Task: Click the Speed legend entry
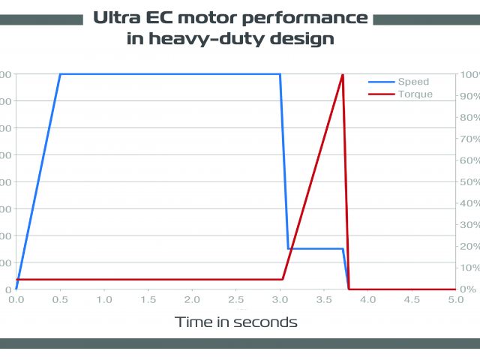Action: coord(413,82)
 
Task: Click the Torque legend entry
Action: coord(415,94)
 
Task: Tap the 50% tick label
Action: coord(469,182)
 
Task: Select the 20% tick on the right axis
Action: coord(469,247)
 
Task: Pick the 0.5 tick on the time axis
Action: coord(59,298)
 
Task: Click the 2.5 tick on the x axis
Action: coord(235,298)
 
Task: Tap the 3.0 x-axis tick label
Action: coord(280,298)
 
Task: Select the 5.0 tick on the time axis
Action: coord(456,298)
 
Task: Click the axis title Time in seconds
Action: coord(236,322)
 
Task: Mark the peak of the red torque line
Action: coord(343,74)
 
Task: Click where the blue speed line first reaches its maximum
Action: coord(60,74)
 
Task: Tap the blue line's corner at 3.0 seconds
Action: coord(280,74)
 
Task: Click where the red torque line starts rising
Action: coord(283,279)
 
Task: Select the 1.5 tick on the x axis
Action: coord(148,298)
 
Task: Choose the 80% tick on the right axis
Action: coord(469,118)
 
